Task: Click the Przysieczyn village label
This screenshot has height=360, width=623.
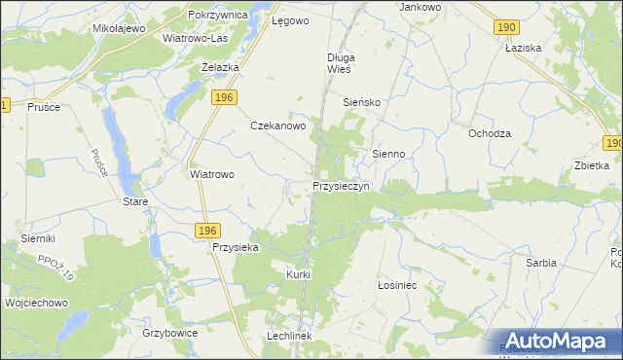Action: click(x=341, y=186)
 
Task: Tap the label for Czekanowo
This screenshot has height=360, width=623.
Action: click(x=279, y=126)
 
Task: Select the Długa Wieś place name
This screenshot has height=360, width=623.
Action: click(x=342, y=63)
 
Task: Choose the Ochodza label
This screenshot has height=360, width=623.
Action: click(x=490, y=133)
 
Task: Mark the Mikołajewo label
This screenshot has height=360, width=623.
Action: click(x=119, y=28)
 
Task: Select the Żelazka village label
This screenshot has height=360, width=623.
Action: click(x=220, y=67)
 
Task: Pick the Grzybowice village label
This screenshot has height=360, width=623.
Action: click(x=170, y=333)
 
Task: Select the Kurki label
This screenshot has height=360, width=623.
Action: click(x=298, y=274)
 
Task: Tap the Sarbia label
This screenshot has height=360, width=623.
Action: click(x=541, y=263)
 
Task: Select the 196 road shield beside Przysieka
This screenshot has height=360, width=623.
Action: click(x=205, y=230)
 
